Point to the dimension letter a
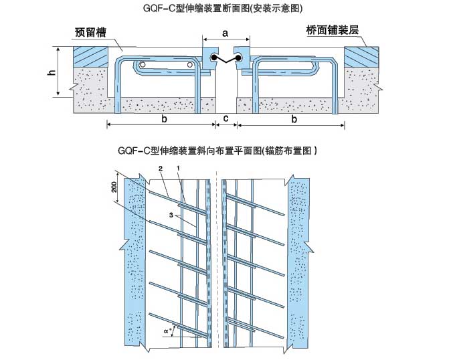click(225, 32)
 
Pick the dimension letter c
click(226, 118)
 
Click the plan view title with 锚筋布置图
click(217, 151)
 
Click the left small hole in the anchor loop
click(142, 65)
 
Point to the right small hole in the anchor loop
click(190, 65)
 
